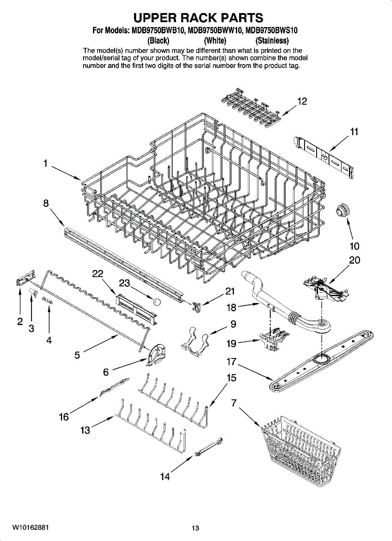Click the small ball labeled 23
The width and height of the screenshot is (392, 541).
156,302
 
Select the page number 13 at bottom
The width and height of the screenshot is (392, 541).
195,528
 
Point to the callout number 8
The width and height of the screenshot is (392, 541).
46,203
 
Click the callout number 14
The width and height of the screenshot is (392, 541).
165,477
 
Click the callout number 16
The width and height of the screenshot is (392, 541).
64,417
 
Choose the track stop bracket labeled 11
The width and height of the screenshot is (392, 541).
324,156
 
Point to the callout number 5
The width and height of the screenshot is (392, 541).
78,355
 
